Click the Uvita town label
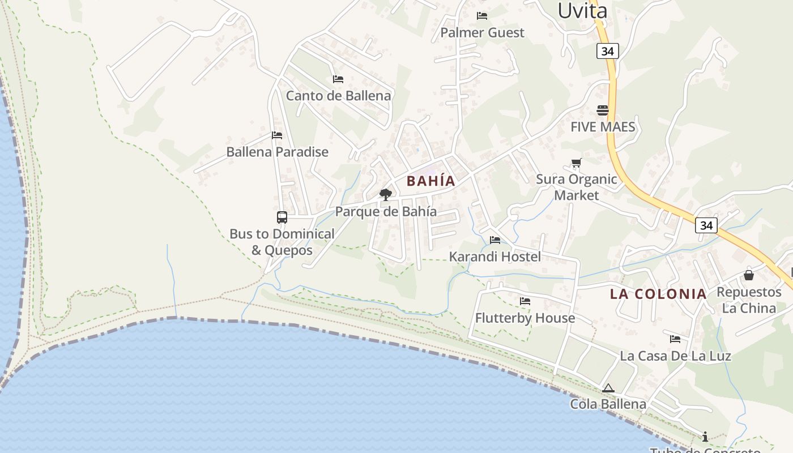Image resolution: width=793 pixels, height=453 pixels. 582,10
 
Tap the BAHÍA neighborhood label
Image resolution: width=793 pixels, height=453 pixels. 431,181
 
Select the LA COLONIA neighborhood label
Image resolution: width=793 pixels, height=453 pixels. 658,294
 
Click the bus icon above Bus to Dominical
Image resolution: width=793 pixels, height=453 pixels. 282,217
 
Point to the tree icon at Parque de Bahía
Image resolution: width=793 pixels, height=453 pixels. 386,195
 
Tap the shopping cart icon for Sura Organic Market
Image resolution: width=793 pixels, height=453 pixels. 576,163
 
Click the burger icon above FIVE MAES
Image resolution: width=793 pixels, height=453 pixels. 602,110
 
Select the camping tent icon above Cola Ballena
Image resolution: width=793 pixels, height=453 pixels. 608,388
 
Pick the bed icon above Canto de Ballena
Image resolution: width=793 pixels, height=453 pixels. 338,79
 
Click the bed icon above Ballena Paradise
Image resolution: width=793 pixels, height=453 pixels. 277,135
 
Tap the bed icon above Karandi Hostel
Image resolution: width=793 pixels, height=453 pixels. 495,240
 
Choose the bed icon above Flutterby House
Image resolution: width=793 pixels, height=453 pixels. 525,301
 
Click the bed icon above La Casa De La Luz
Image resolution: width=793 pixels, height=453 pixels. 675,339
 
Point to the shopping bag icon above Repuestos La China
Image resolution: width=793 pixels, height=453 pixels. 749,275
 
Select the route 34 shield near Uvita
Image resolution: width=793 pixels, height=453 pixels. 607,51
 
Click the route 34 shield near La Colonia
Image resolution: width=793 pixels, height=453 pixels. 706,225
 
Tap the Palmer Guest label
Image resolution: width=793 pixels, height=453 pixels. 483,33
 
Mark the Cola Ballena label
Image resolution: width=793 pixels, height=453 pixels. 608,404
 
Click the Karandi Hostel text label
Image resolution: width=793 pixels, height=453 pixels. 495,257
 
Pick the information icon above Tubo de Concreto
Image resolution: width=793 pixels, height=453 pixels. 705,437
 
